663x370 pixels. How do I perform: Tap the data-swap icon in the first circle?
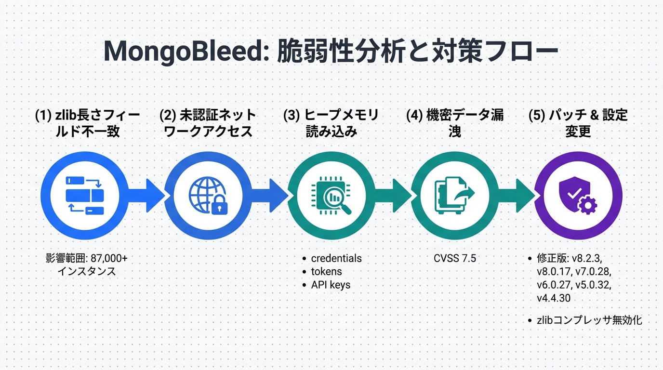point(84,196)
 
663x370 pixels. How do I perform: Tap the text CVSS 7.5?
point(454,258)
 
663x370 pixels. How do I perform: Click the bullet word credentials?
point(336,258)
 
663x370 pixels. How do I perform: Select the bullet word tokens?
point(326,271)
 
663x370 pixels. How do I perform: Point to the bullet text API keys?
point(331,285)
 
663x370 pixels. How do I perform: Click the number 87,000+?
point(109,258)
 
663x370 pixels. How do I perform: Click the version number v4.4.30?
point(554,298)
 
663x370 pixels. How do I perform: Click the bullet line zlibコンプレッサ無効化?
point(590,319)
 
